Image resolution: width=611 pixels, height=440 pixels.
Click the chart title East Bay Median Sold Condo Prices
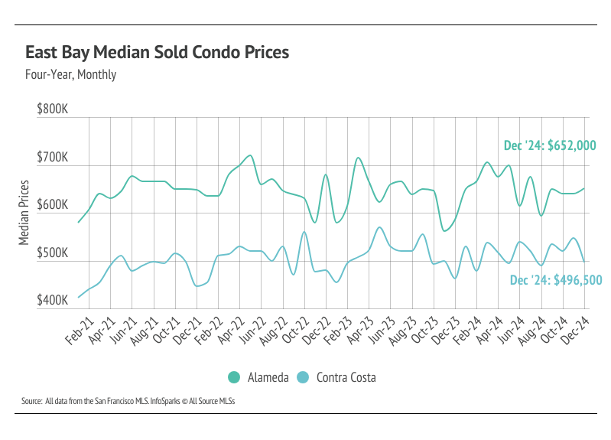tap(158, 53)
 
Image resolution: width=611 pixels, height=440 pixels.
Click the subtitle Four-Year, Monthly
tap(70, 75)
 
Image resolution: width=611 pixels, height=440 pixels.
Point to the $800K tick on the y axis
tap(53, 109)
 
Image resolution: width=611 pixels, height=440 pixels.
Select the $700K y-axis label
tap(53, 158)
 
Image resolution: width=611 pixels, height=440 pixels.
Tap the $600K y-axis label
tap(53, 206)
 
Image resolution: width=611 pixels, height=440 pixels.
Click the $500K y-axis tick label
tap(53, 253)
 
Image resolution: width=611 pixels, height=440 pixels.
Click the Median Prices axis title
tap(24, 213)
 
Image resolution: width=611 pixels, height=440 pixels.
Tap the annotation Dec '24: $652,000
tap(550, 145)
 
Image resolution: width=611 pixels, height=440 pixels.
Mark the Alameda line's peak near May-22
tap(251, 155)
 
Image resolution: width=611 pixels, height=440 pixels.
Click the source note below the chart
tap(128, 400)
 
